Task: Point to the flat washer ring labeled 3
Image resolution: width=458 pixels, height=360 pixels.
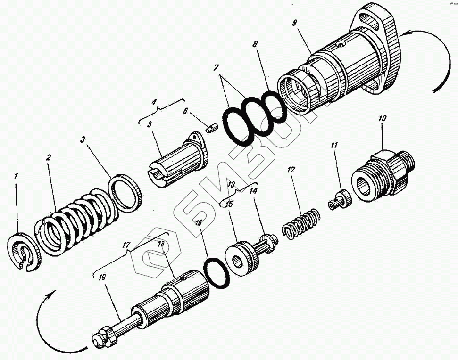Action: [126, 193]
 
